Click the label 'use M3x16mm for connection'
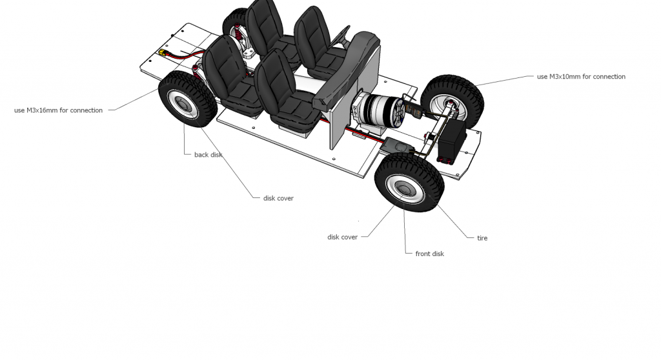(58, 110)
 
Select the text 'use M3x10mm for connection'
(581, 77)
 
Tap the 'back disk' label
(208, 155)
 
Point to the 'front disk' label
(429, 254)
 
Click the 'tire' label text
(482, 238)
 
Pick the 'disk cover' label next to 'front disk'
(342, 237)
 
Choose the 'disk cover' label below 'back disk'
(278, 198)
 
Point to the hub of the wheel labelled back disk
(183, 103)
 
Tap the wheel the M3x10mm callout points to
(452, 103)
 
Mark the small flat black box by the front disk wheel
(398, 147)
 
